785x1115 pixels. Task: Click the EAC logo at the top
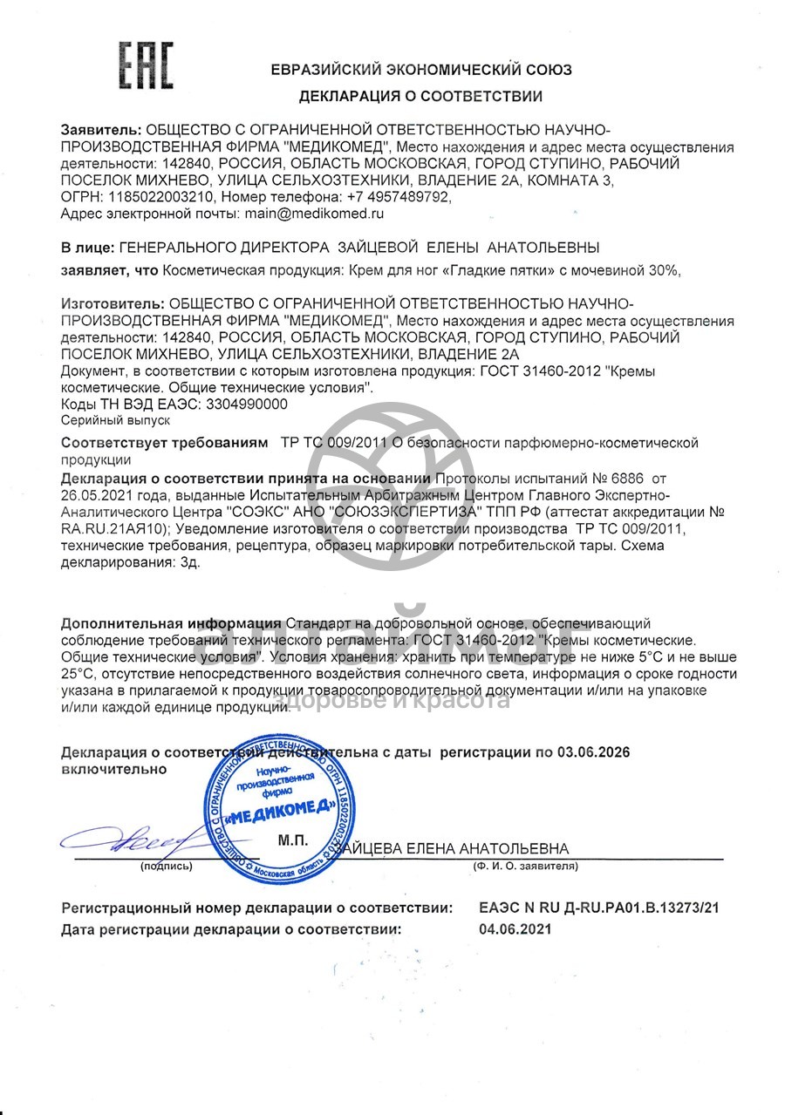(147, 64)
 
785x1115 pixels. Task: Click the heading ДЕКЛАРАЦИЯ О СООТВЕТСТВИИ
(420, 96)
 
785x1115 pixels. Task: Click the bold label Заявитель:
(100, 131)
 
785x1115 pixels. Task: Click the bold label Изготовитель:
(112, 303)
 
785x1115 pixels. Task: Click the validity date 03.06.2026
(594, 752)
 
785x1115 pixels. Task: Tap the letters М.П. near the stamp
(294, 841)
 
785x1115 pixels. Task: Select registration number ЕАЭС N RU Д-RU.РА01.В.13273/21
(599, 908)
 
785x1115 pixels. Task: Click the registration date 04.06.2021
(515, 929)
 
